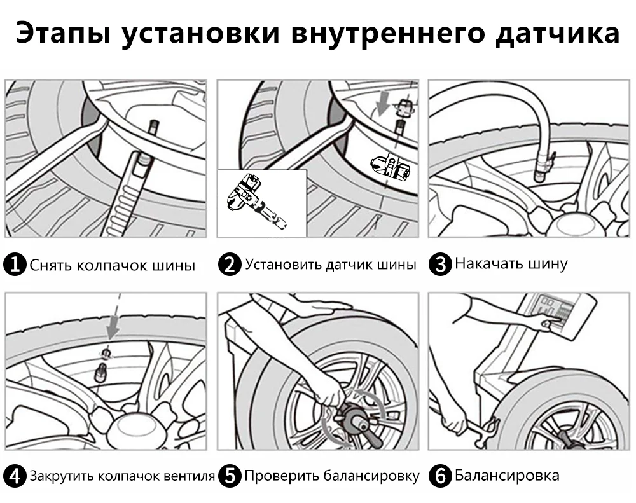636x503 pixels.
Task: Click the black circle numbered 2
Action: (230, 264)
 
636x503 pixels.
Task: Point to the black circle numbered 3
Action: (439, 264)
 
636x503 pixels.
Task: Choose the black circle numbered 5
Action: (230, 476)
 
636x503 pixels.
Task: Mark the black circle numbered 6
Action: (439, 476)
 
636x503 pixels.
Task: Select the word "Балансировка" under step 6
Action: (507, 475)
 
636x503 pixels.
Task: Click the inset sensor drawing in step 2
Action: (254, 200)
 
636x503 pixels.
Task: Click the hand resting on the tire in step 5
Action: (313, 310)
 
